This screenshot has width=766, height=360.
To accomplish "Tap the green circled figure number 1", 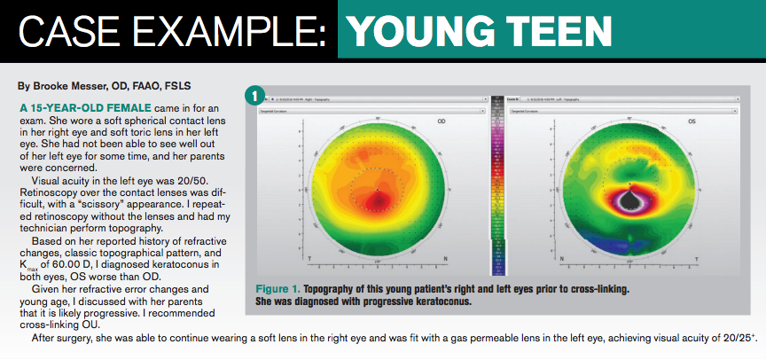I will click(x=255, y=94).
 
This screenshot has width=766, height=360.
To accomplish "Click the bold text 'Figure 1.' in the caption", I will click(x=281, y=290).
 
